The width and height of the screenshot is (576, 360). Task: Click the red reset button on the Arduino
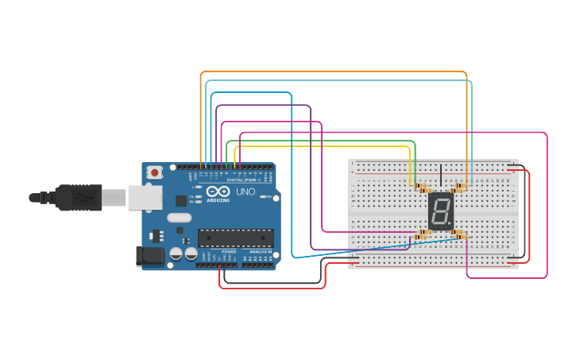point(154,172)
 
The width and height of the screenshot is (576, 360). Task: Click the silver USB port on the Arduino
point(145,198)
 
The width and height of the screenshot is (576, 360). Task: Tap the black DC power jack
point(149,255)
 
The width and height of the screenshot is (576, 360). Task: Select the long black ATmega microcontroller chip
point(235,238)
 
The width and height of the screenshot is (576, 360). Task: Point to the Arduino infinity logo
point(218,192)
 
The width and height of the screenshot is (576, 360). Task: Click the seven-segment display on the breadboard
point(440,211)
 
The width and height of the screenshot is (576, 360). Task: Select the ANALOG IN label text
point(260,252)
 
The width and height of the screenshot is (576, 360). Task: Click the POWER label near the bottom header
point(229,252)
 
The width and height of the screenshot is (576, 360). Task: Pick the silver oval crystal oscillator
point(180,217)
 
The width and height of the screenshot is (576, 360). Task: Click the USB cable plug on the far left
point(75,197)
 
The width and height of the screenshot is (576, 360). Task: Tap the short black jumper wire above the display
point(441,173)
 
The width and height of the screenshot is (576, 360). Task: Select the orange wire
point(334,72)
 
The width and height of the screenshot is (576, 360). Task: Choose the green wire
point(318,141)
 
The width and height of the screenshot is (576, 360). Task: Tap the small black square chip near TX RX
point(181,200)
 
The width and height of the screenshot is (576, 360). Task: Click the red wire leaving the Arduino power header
point(270,288)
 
